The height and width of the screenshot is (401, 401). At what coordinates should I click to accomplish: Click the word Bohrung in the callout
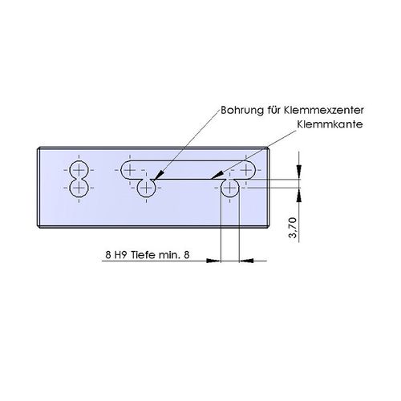[x=242, y=111]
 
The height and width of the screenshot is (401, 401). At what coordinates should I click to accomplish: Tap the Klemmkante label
[x=330, y=124]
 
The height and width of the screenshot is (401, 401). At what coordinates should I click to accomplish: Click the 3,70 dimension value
[x=294, y=228]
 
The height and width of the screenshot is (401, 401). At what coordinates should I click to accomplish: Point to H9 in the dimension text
[x=120, y=255]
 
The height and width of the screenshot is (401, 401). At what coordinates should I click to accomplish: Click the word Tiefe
[x=143, y=255]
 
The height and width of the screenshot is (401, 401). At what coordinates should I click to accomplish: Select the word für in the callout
[x=273, y=110]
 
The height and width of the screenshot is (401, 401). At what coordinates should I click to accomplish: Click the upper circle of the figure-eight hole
[x=79, y=170]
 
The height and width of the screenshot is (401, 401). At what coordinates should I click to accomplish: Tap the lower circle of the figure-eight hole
[x=79, y=188]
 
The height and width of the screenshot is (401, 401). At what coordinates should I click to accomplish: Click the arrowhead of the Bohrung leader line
[x=158, y=176]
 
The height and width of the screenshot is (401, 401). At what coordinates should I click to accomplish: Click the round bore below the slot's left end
[x=146, y=188]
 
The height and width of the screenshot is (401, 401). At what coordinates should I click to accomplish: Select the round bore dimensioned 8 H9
[x=230, y=188]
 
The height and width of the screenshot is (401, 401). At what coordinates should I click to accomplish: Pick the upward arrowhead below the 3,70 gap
[x=299, y=195]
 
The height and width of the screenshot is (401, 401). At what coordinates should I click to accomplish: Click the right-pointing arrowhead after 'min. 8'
[x=213, y=261]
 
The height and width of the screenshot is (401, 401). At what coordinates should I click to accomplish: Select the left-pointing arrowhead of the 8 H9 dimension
[x=246, y=261]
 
